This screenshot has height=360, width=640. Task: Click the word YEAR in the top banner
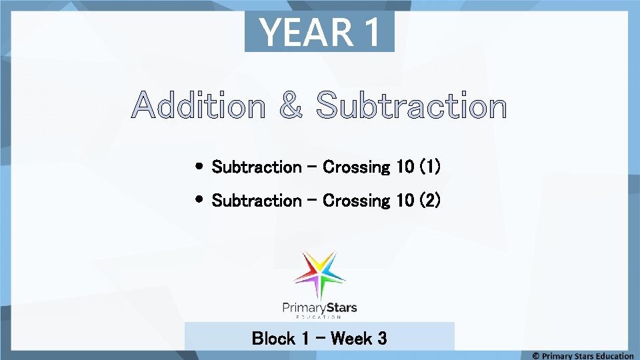click(303, 32)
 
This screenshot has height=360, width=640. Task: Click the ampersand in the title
click(290, 107)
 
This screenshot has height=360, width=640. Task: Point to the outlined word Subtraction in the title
click(411, 107)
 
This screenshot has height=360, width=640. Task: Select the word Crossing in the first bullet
click(357, 167)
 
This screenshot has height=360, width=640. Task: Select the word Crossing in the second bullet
click(357, 200)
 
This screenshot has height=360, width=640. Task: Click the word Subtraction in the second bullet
click(257, 200)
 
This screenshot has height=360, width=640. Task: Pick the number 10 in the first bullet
click(405, 167)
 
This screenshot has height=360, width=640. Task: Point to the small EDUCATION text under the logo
click(320, 317)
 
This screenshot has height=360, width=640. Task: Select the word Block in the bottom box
click(273, 339)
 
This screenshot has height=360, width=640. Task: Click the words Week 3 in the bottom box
click(359, 339)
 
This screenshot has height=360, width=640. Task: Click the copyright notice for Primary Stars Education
click(583, 355)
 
